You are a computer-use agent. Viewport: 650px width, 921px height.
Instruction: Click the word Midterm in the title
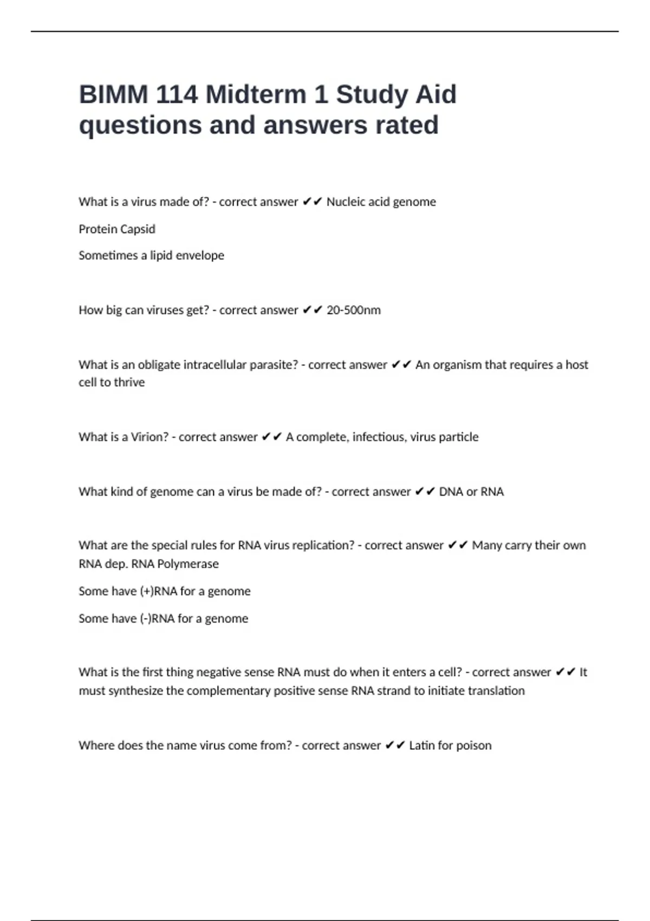(x=256, y=94)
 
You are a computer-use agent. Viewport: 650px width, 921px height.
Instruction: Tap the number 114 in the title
(x=177, y=94)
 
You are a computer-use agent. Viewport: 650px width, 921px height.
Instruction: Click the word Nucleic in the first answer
(x=345, y=202)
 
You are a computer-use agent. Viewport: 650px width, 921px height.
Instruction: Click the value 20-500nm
(x=353, y=310)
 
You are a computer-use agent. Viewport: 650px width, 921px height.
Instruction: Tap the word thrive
(x=129, y=382)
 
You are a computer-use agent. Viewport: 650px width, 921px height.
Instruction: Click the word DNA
(x=451, y=492)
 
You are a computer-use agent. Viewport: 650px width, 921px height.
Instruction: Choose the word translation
(x=496, y=691)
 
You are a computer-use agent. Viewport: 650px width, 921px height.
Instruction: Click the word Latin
(x=421, y=745)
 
